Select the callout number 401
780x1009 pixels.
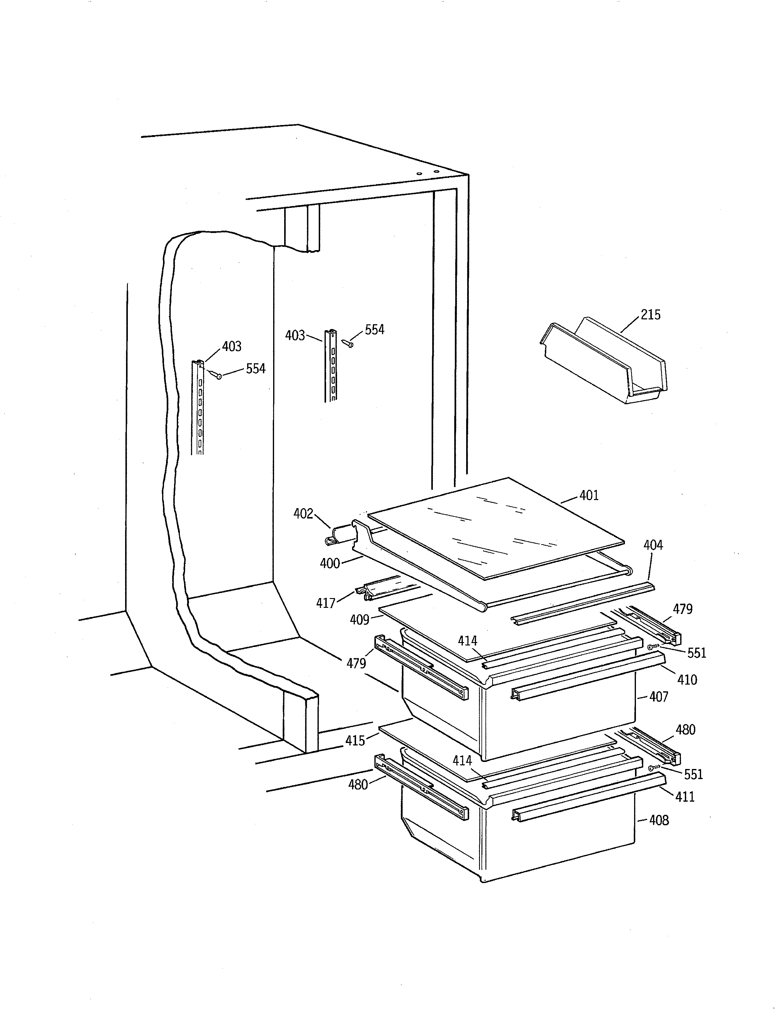click(x=589, y=495)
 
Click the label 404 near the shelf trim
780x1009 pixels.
click(x=653, y=545)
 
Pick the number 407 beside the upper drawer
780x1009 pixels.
click(x=659, y=697)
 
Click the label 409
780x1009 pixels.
click(x=359, y=619)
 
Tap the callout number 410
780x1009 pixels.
click(x=687, y=680)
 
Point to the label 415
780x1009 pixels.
click(x=355, y=741)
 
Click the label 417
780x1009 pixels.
click(x=325, y=603)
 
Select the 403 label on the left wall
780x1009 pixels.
click(x=232, y=346)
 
